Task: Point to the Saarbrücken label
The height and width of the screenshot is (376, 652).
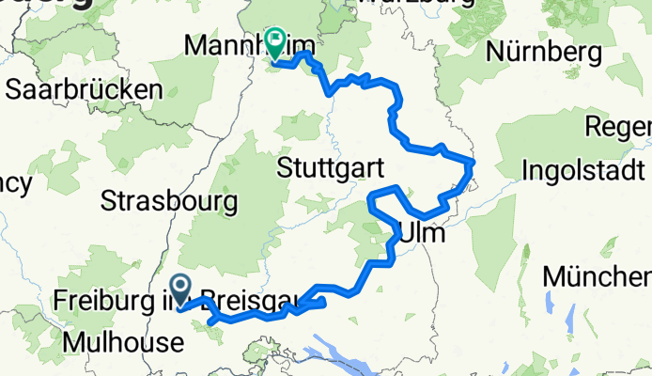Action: pos(83,90)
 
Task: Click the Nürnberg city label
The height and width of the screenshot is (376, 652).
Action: pos(543,52)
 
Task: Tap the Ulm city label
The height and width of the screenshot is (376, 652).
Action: pos(420,231)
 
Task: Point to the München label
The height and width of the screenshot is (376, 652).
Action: pos(597,277)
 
